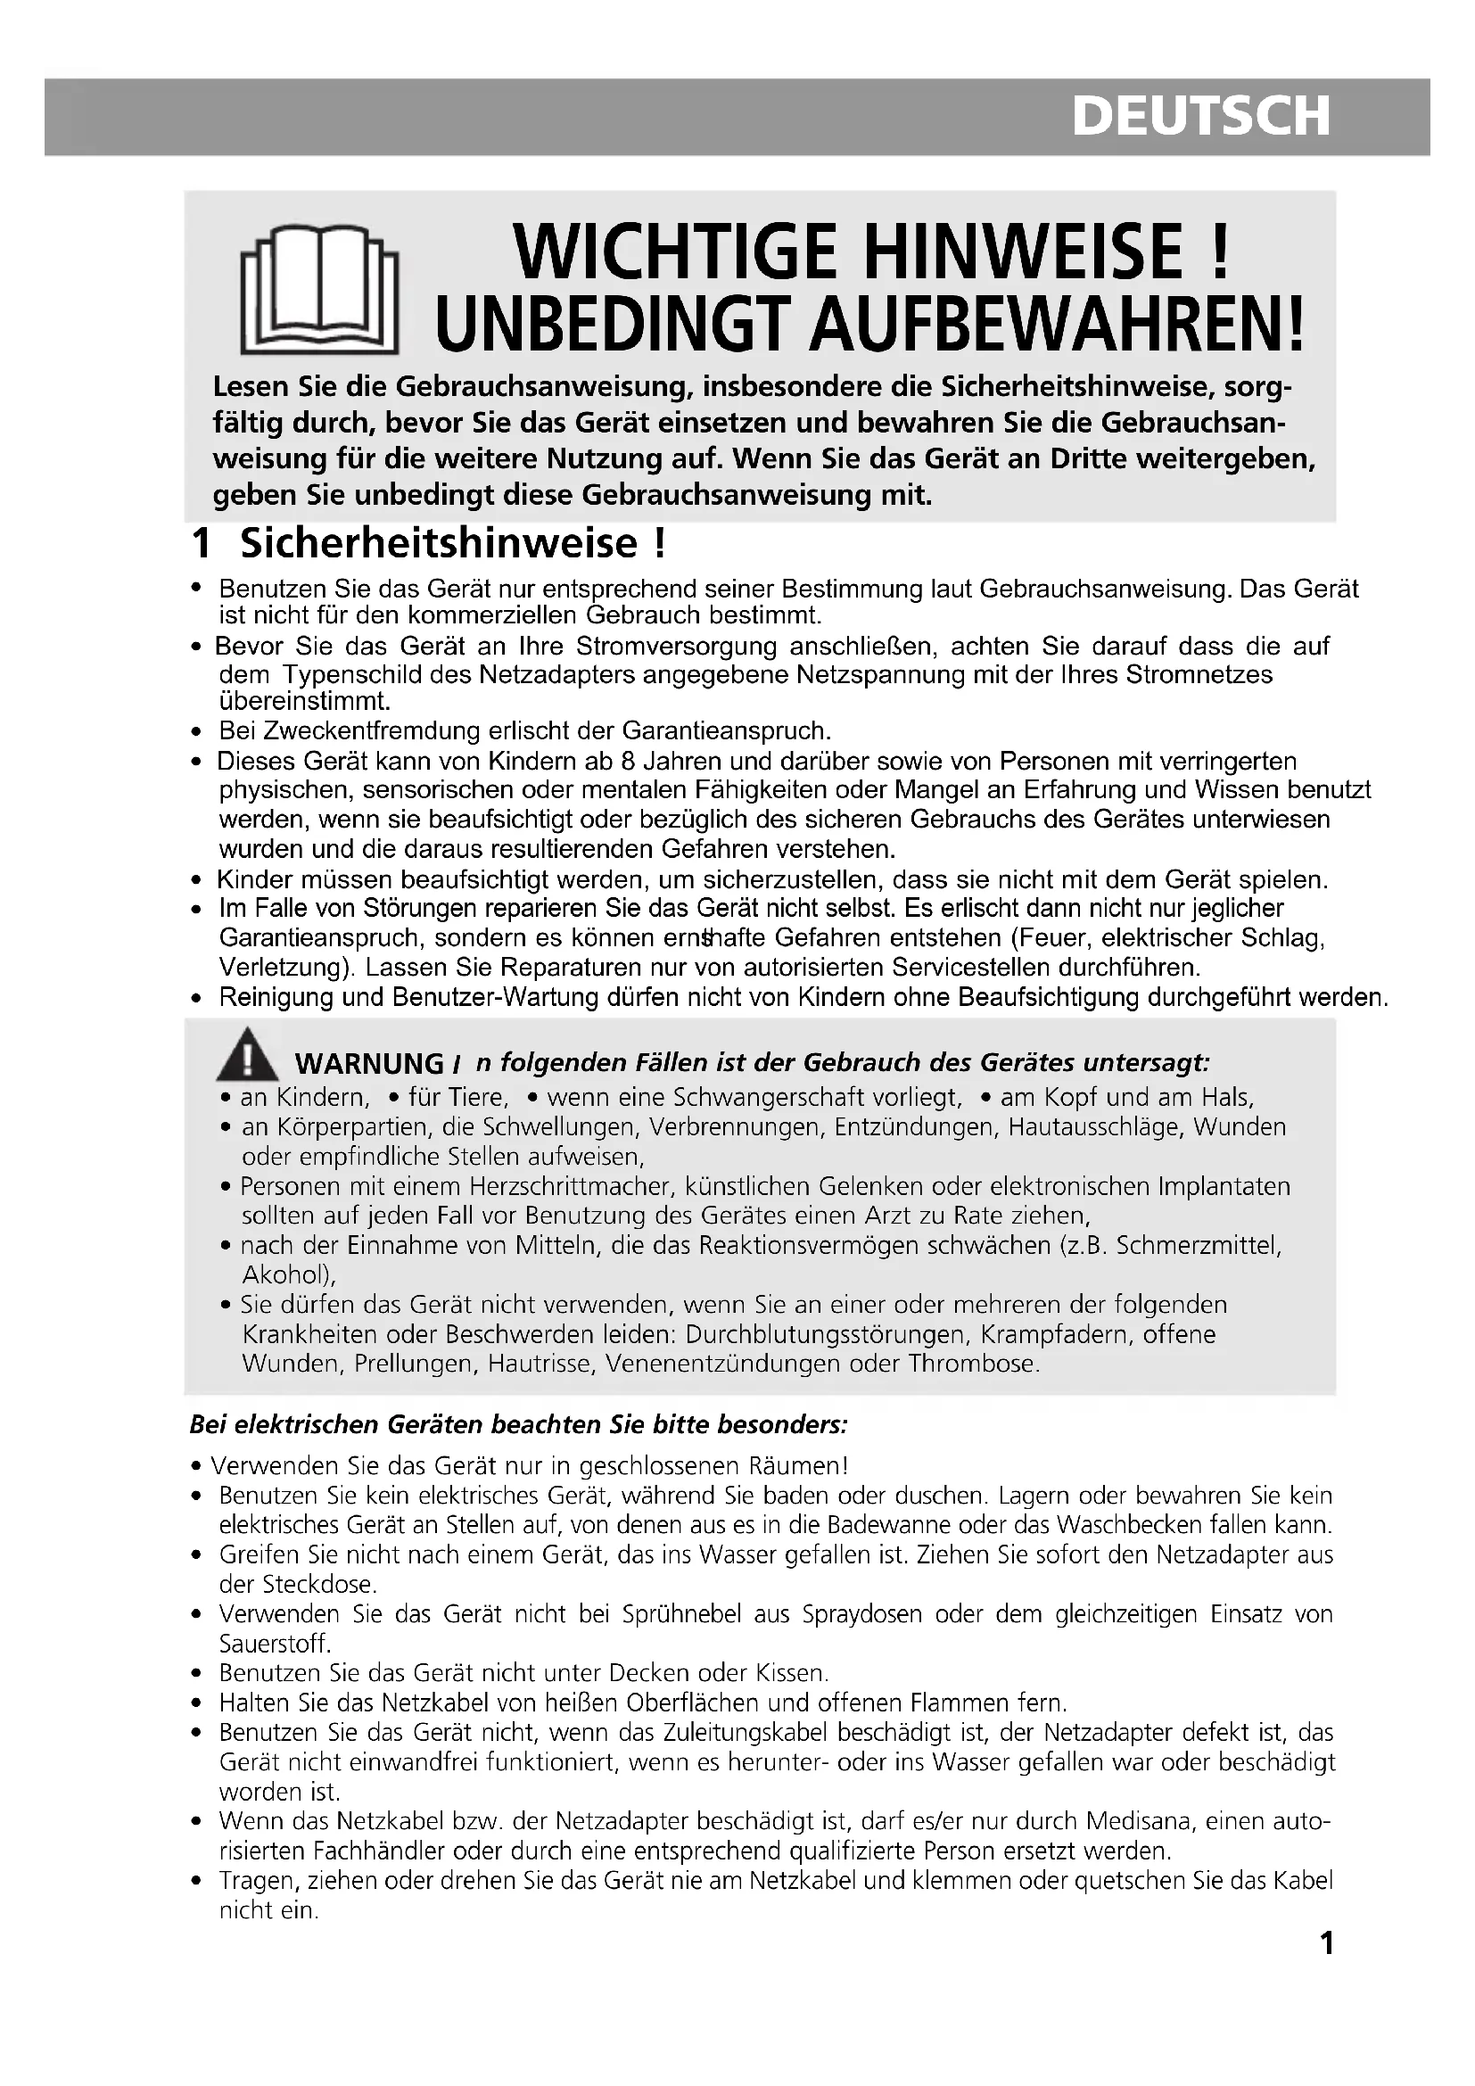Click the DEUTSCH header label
(1200, 117)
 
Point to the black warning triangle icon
(247, 1057)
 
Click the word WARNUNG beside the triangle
(370, 1063)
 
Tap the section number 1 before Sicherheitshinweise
(201, 543)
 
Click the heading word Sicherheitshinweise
(440, 543)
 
